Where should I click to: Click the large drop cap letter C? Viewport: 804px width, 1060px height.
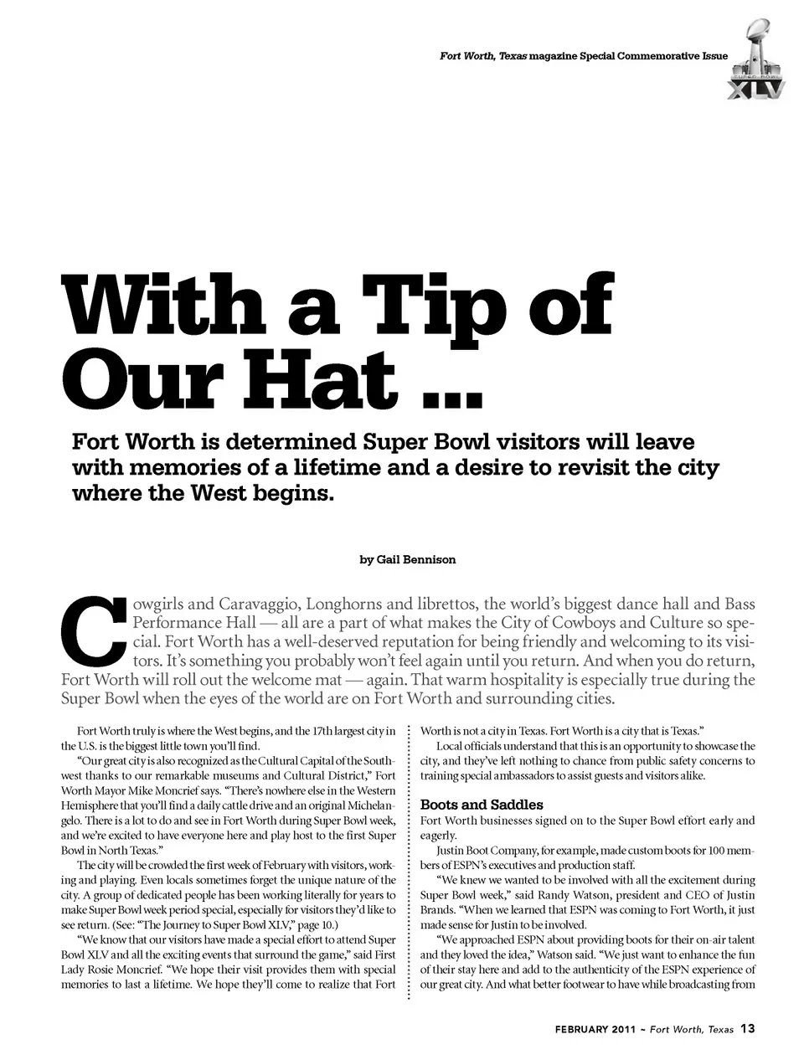pyautogui.click(x=94, y=630)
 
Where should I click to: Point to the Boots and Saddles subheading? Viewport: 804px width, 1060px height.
pyautogui.click(x=481, y=805)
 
